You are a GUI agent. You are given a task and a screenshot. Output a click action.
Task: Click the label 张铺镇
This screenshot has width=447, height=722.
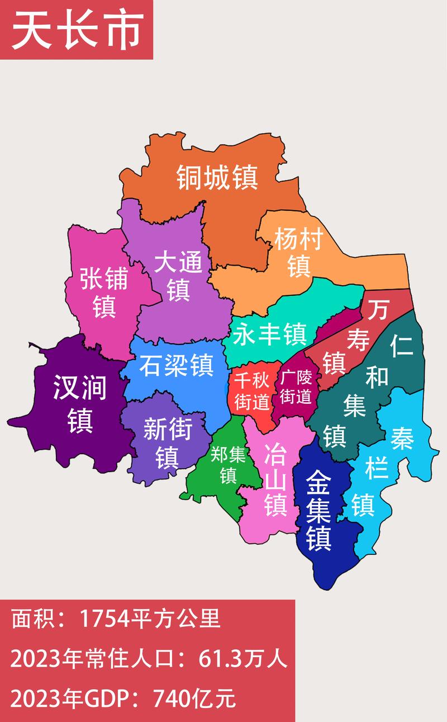[104, 292]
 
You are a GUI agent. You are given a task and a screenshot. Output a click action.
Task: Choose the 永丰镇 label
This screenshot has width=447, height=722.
[270, 335]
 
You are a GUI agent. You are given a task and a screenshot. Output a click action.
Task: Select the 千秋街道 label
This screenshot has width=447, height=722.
[251, 391]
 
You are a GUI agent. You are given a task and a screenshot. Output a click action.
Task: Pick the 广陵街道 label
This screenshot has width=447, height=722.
[296, 386]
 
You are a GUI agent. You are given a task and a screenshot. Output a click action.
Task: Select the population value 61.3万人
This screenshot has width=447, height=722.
[244, 660]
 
